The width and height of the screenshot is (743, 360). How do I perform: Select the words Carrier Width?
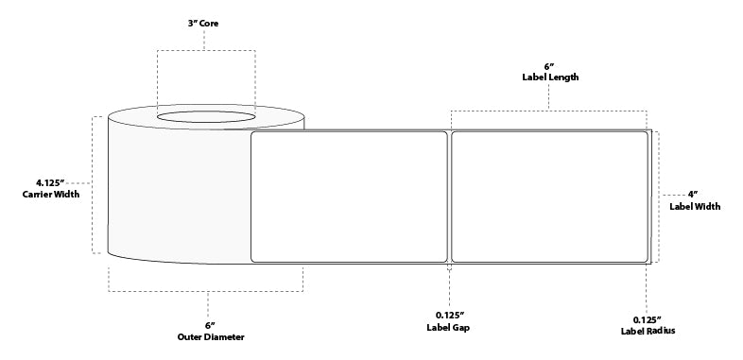[50, 196]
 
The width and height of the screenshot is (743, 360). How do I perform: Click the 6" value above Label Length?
[549, 65]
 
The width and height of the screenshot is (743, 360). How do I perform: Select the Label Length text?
[549, 77]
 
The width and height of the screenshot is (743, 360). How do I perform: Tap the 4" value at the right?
[693, 194]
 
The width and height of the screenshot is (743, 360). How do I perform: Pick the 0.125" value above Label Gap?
[449, 314]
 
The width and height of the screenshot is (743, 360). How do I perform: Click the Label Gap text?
[449, 328]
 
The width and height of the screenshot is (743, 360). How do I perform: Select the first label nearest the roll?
[348, 196]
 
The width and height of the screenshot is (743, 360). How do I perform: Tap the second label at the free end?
[550, 196]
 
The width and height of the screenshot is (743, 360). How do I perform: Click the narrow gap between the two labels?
[449, 196]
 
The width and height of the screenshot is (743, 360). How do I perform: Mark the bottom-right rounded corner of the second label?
[645, 257]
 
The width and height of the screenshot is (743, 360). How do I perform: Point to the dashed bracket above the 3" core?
[205, 50]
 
